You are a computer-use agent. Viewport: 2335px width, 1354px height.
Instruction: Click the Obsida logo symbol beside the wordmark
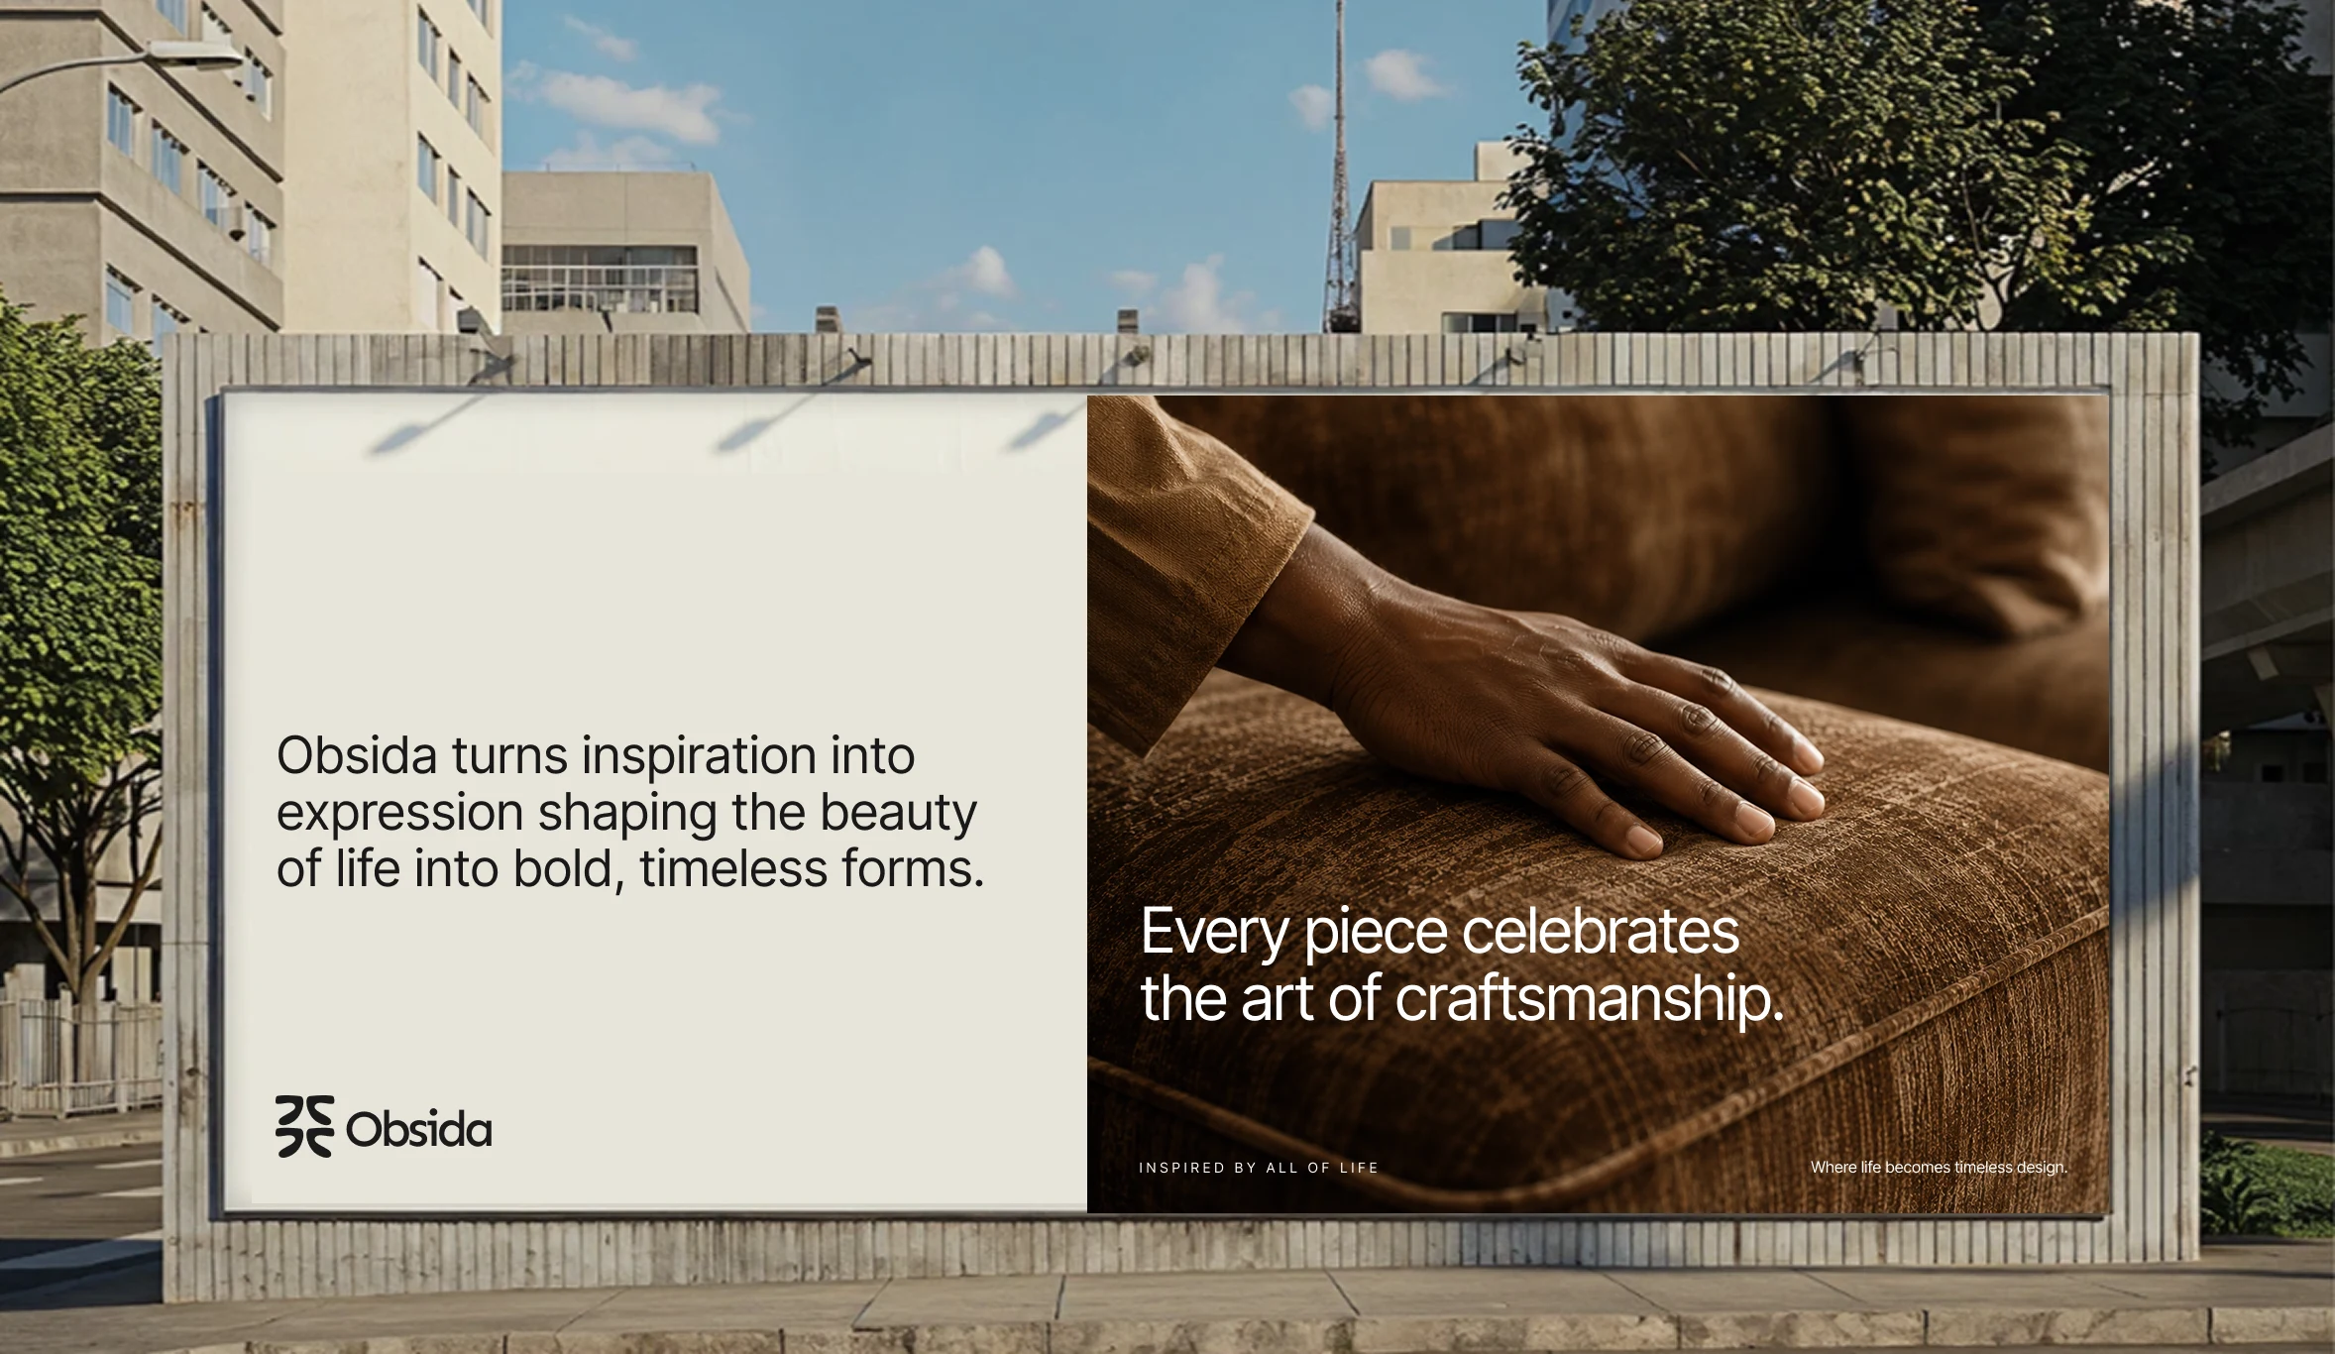click(x=304, y=1126)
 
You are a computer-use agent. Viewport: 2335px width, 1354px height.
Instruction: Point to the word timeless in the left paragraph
click(x=732, y=869)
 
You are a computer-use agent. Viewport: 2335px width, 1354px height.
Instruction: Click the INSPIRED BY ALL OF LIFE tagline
click(x=1259, y=1168)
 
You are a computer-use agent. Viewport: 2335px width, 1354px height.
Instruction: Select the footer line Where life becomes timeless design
click(x=1939, y=1168)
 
